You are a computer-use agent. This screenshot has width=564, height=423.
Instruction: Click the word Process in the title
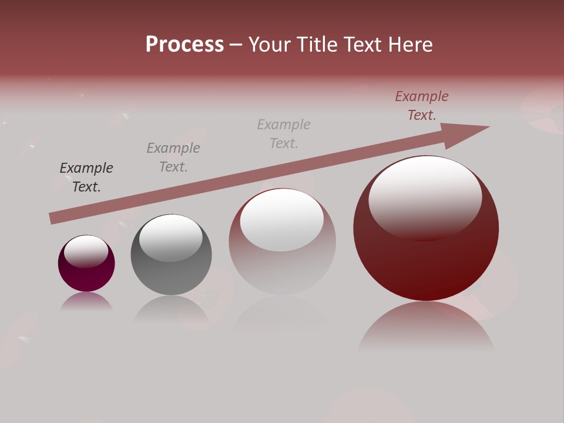click(x=184, y=45)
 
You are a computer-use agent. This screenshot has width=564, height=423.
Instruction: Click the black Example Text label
click(x=86, y=177)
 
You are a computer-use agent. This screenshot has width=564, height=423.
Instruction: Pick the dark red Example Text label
click(x=422, y=105)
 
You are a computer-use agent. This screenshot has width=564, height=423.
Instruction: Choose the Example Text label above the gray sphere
click(x=173, y=157)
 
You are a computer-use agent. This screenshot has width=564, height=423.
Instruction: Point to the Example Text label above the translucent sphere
click(x=284, y=133)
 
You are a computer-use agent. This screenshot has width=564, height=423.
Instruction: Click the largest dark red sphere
click(x=426, y=258)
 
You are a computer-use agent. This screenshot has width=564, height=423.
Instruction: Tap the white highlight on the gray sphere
click(x=171, y=237)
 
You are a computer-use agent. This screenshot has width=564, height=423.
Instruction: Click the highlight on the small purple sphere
click(x=86, y=251)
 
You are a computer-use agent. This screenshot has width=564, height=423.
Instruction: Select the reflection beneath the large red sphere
click(x=426, y=326)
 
